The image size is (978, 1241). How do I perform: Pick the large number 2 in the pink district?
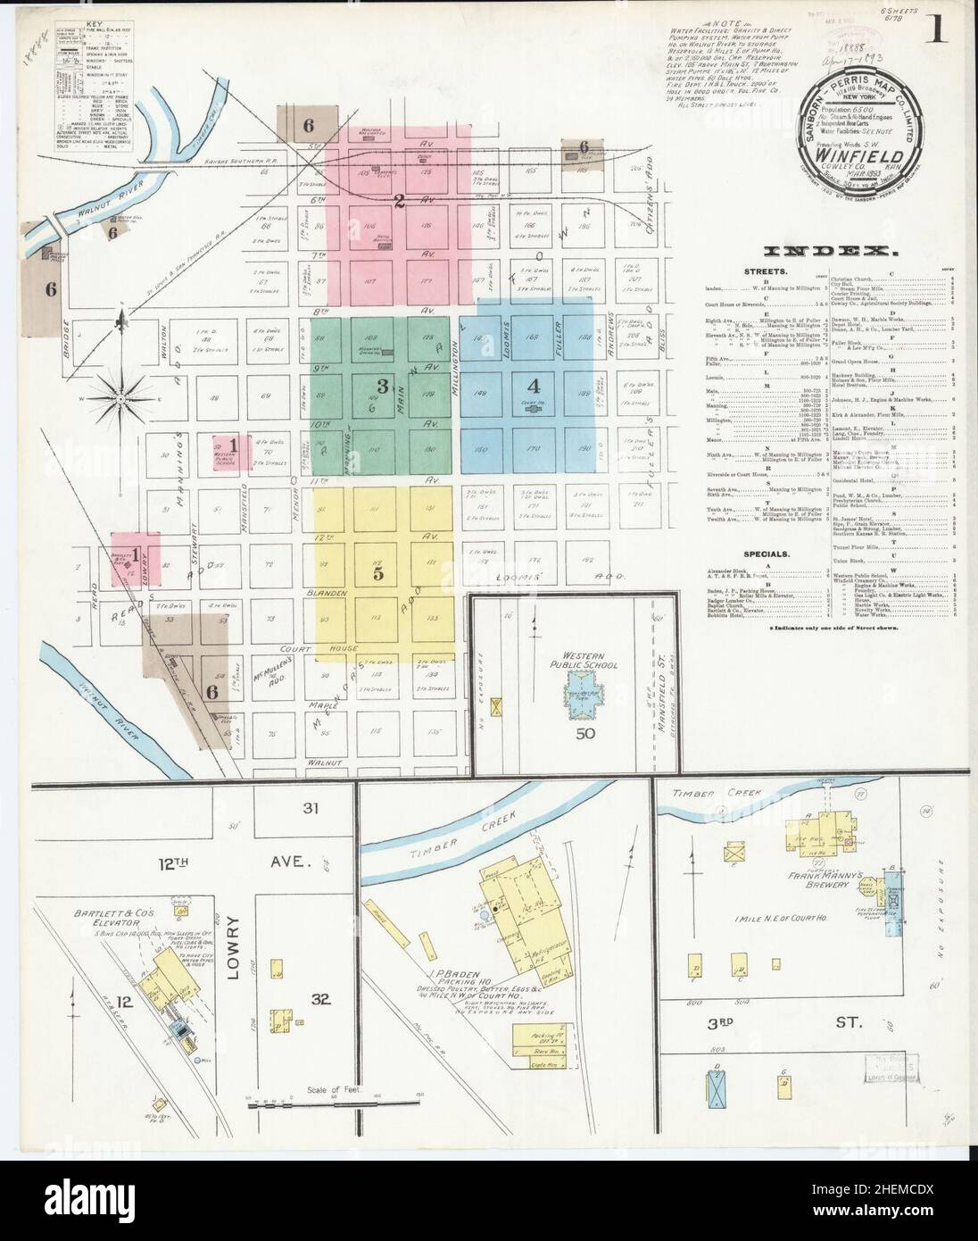pos(400,201)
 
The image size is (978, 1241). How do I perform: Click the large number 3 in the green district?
pos(382,387)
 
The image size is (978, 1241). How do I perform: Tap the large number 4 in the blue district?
pos(534,387)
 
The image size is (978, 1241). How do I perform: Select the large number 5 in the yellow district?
pos(377,574)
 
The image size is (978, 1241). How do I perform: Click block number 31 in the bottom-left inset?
pos(311,810)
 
